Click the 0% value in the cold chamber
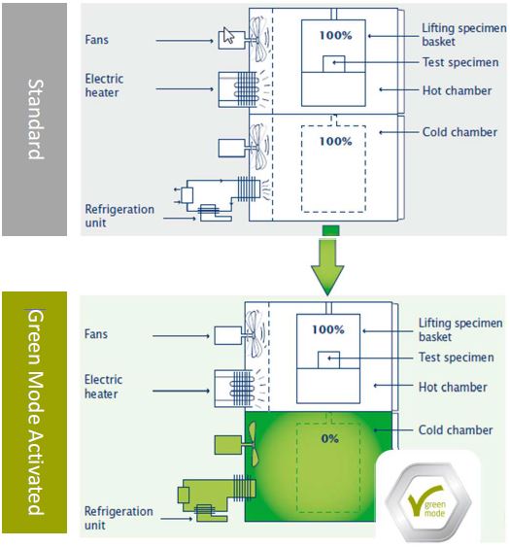[x=329, y=438]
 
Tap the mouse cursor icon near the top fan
[x=228, y=35]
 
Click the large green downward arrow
[x=327, y=267]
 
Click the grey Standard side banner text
[x=35, y=120]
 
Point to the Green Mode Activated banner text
[x=35, y=412]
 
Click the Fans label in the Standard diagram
[x=96, y=40]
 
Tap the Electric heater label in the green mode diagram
[x=103, y=387]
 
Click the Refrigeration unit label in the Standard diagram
[x=119, y=216]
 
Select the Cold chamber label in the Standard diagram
[x=459, y=132]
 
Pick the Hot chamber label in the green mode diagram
[x=453, y=387]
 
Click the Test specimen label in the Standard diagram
[x=460, y=62]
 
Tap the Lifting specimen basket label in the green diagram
[x=460, y=329]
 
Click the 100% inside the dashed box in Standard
[x=335, y=141]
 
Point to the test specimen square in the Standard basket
[x=334, y=64]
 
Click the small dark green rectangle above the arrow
[x=330, y=230]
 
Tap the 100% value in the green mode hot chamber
[x=328, y=329]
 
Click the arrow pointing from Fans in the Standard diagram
[x=185, y=41]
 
